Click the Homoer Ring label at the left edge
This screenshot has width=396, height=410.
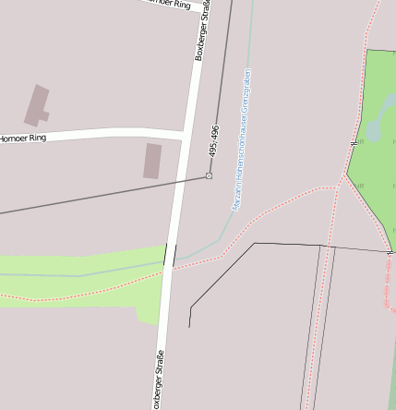click(x=22, y=139)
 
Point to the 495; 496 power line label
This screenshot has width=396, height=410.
click(x=214, y=139)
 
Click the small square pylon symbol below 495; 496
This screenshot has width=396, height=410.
click(x=210, y=175)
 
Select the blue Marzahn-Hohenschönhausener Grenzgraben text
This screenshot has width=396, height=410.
click(x=242, y=139)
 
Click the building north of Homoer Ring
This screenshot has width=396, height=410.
click(x=37, y=105)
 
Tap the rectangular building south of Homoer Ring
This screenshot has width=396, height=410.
click(x=152, y=161)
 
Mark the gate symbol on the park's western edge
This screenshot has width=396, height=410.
click(x=354, y=143)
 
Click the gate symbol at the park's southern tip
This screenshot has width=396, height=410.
click(x=390, y=250)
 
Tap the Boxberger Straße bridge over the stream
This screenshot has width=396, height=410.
click(x=170, y=255)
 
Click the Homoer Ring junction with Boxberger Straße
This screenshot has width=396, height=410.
click(x=187, y=137)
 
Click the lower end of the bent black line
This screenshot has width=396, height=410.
click(x=189, y=326)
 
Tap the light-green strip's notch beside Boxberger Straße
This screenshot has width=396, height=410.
click(x=147, y=320)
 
